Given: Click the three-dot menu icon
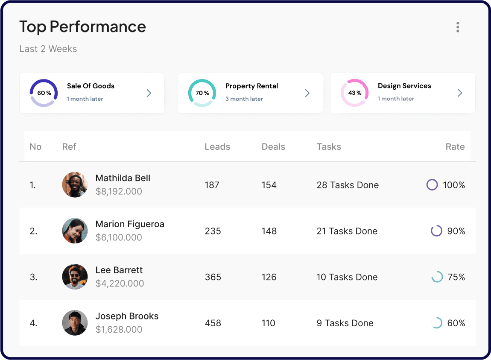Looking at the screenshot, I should click(x=458, y=27).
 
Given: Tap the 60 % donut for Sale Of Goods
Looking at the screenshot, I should click(x=44, y=93).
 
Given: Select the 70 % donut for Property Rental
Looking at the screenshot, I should click(x=202, y=93).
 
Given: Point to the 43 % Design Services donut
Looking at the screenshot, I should click(x=354, y=93).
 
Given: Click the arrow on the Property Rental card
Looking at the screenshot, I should click(x=307, y=93).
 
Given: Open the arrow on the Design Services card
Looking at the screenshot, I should click(x=459, y=93).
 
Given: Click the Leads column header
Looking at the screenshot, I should click(x=217, y=147).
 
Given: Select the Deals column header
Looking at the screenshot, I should click(x=273, y=147).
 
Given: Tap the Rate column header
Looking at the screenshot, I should click(x=455, y=147).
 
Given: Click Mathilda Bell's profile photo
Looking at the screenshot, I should click(x=75, y=185).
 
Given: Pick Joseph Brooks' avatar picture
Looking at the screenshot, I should click(x=75, y=323).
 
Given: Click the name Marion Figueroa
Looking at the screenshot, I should click(x=130, y=224).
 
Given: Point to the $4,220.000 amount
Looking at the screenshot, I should click(x=120, y=284).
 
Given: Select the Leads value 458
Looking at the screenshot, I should click(x=213, y=323).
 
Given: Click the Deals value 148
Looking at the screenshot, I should click(x=269, y=231).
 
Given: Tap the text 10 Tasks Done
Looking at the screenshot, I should click(x=347, y=277).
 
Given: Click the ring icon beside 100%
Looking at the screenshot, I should click(x=432, y=185).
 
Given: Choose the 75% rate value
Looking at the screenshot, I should click(x=456, y=277).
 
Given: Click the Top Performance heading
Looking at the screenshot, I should click(x=82, y=27).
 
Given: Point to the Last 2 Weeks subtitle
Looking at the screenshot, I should click(x=48, y=49).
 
